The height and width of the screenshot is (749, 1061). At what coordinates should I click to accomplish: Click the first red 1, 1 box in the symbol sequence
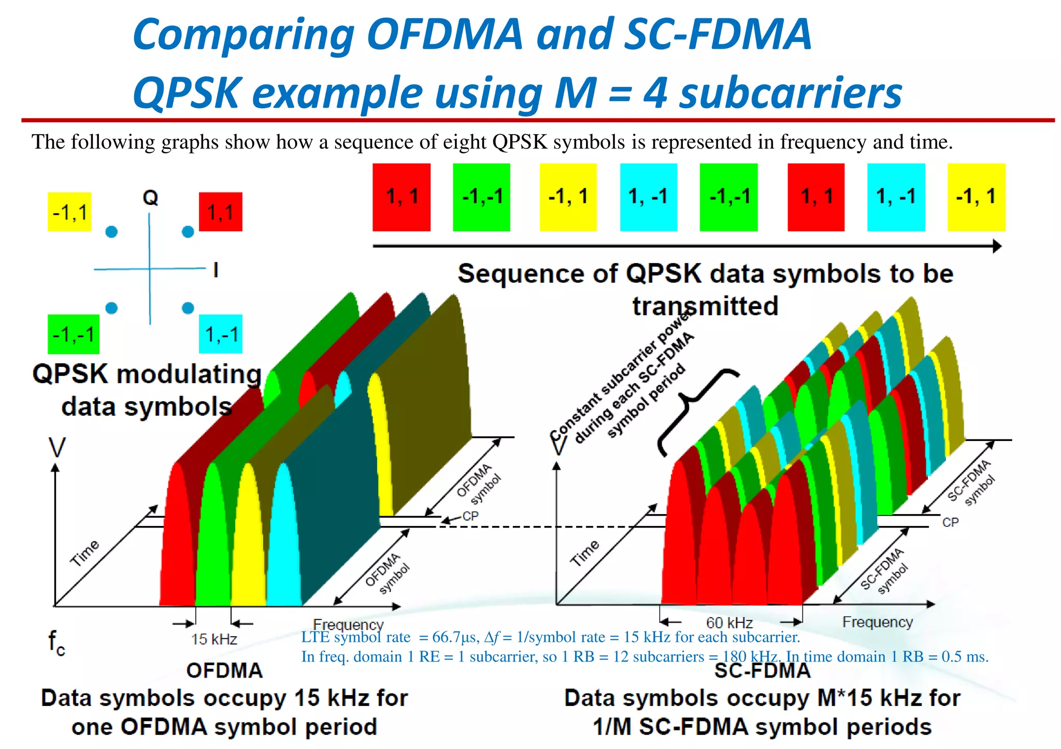[402, 197]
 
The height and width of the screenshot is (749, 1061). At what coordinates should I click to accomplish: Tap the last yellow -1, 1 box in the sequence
[976, 197]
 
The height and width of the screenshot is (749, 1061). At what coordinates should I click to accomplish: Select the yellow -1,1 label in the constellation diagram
[69, 212]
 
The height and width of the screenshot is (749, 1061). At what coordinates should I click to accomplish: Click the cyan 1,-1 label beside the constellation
[221, 334]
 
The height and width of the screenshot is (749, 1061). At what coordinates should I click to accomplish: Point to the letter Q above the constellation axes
[150, 197]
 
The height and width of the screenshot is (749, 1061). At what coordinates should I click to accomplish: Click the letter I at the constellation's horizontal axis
[216, 270]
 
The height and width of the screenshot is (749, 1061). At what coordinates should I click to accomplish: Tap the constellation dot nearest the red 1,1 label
[188, 232]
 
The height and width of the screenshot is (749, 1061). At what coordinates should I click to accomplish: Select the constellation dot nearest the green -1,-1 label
[111, 309]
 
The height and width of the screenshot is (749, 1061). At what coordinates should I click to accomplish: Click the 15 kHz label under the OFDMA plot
[213, 639]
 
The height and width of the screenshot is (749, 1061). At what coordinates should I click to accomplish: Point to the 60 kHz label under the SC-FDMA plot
[729, 623]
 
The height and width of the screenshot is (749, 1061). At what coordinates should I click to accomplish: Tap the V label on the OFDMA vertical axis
[57, 448]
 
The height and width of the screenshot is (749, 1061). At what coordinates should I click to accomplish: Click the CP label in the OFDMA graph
[470, 516]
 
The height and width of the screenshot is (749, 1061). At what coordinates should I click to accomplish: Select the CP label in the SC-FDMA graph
[950, 522]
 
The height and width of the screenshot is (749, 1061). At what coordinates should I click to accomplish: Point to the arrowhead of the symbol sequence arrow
[997, 246]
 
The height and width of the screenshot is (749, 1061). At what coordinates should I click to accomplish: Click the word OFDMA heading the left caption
[224, 670]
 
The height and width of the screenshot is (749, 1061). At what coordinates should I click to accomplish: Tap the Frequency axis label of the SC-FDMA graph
[877, 622]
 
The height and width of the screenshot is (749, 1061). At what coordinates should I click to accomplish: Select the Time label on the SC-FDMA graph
[584, 553]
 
